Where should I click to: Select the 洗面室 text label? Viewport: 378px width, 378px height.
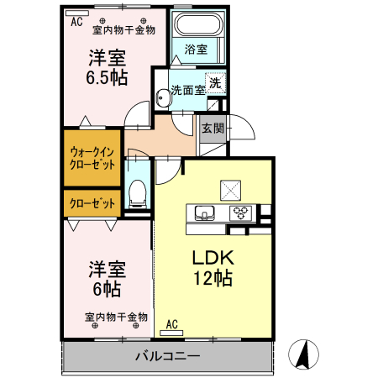(x=187, y=88)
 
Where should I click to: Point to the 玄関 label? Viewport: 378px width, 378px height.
(x=213, y=129)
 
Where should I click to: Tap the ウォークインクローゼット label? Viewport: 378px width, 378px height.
(x=92, y=158)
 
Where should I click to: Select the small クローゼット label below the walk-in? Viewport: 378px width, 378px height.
(x=92, y=202)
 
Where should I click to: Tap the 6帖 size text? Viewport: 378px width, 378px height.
(x=107, y=290)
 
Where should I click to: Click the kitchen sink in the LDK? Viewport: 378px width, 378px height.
(x=206, y=212)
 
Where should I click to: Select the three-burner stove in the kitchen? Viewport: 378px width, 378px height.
(x=240, y=212)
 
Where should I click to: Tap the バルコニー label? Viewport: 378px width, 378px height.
(x=167, y=356)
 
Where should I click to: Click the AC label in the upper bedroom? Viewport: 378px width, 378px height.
(x=76, y=23)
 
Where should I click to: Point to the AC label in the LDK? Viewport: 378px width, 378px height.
(x=171, y=323)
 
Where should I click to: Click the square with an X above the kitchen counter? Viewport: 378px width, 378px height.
(x=229, y=188)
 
